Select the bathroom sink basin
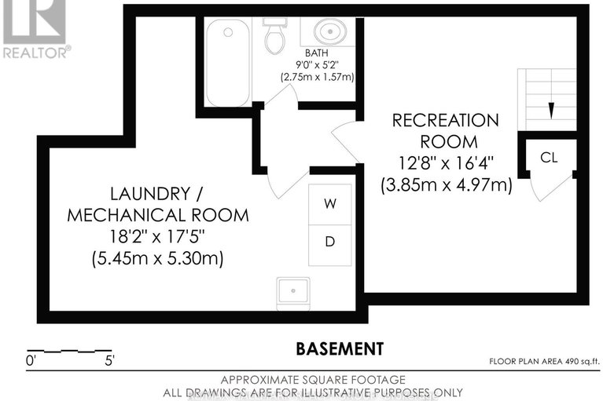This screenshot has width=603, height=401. [328, 33]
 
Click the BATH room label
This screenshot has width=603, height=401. [316, 54]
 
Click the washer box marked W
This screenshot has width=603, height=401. [330, 203]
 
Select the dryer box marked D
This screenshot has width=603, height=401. [330, 242]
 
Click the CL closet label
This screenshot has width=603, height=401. [549, 157]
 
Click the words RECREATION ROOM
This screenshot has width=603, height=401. [446, 131]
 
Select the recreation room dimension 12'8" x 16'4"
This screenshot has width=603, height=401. [446, 164]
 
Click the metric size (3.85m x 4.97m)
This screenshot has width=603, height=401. [446, 185]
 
